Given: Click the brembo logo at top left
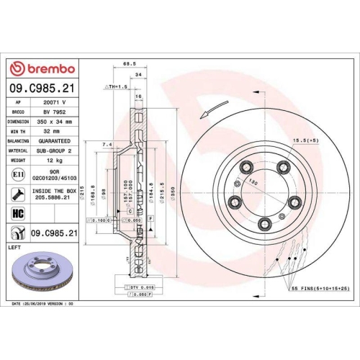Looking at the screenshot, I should (41, 68).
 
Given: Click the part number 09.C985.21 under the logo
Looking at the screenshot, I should (41, 87).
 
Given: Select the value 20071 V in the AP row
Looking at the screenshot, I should (55, 103).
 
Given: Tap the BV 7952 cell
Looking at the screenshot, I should (55, 112).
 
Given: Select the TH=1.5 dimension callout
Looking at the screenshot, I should (116, 86).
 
